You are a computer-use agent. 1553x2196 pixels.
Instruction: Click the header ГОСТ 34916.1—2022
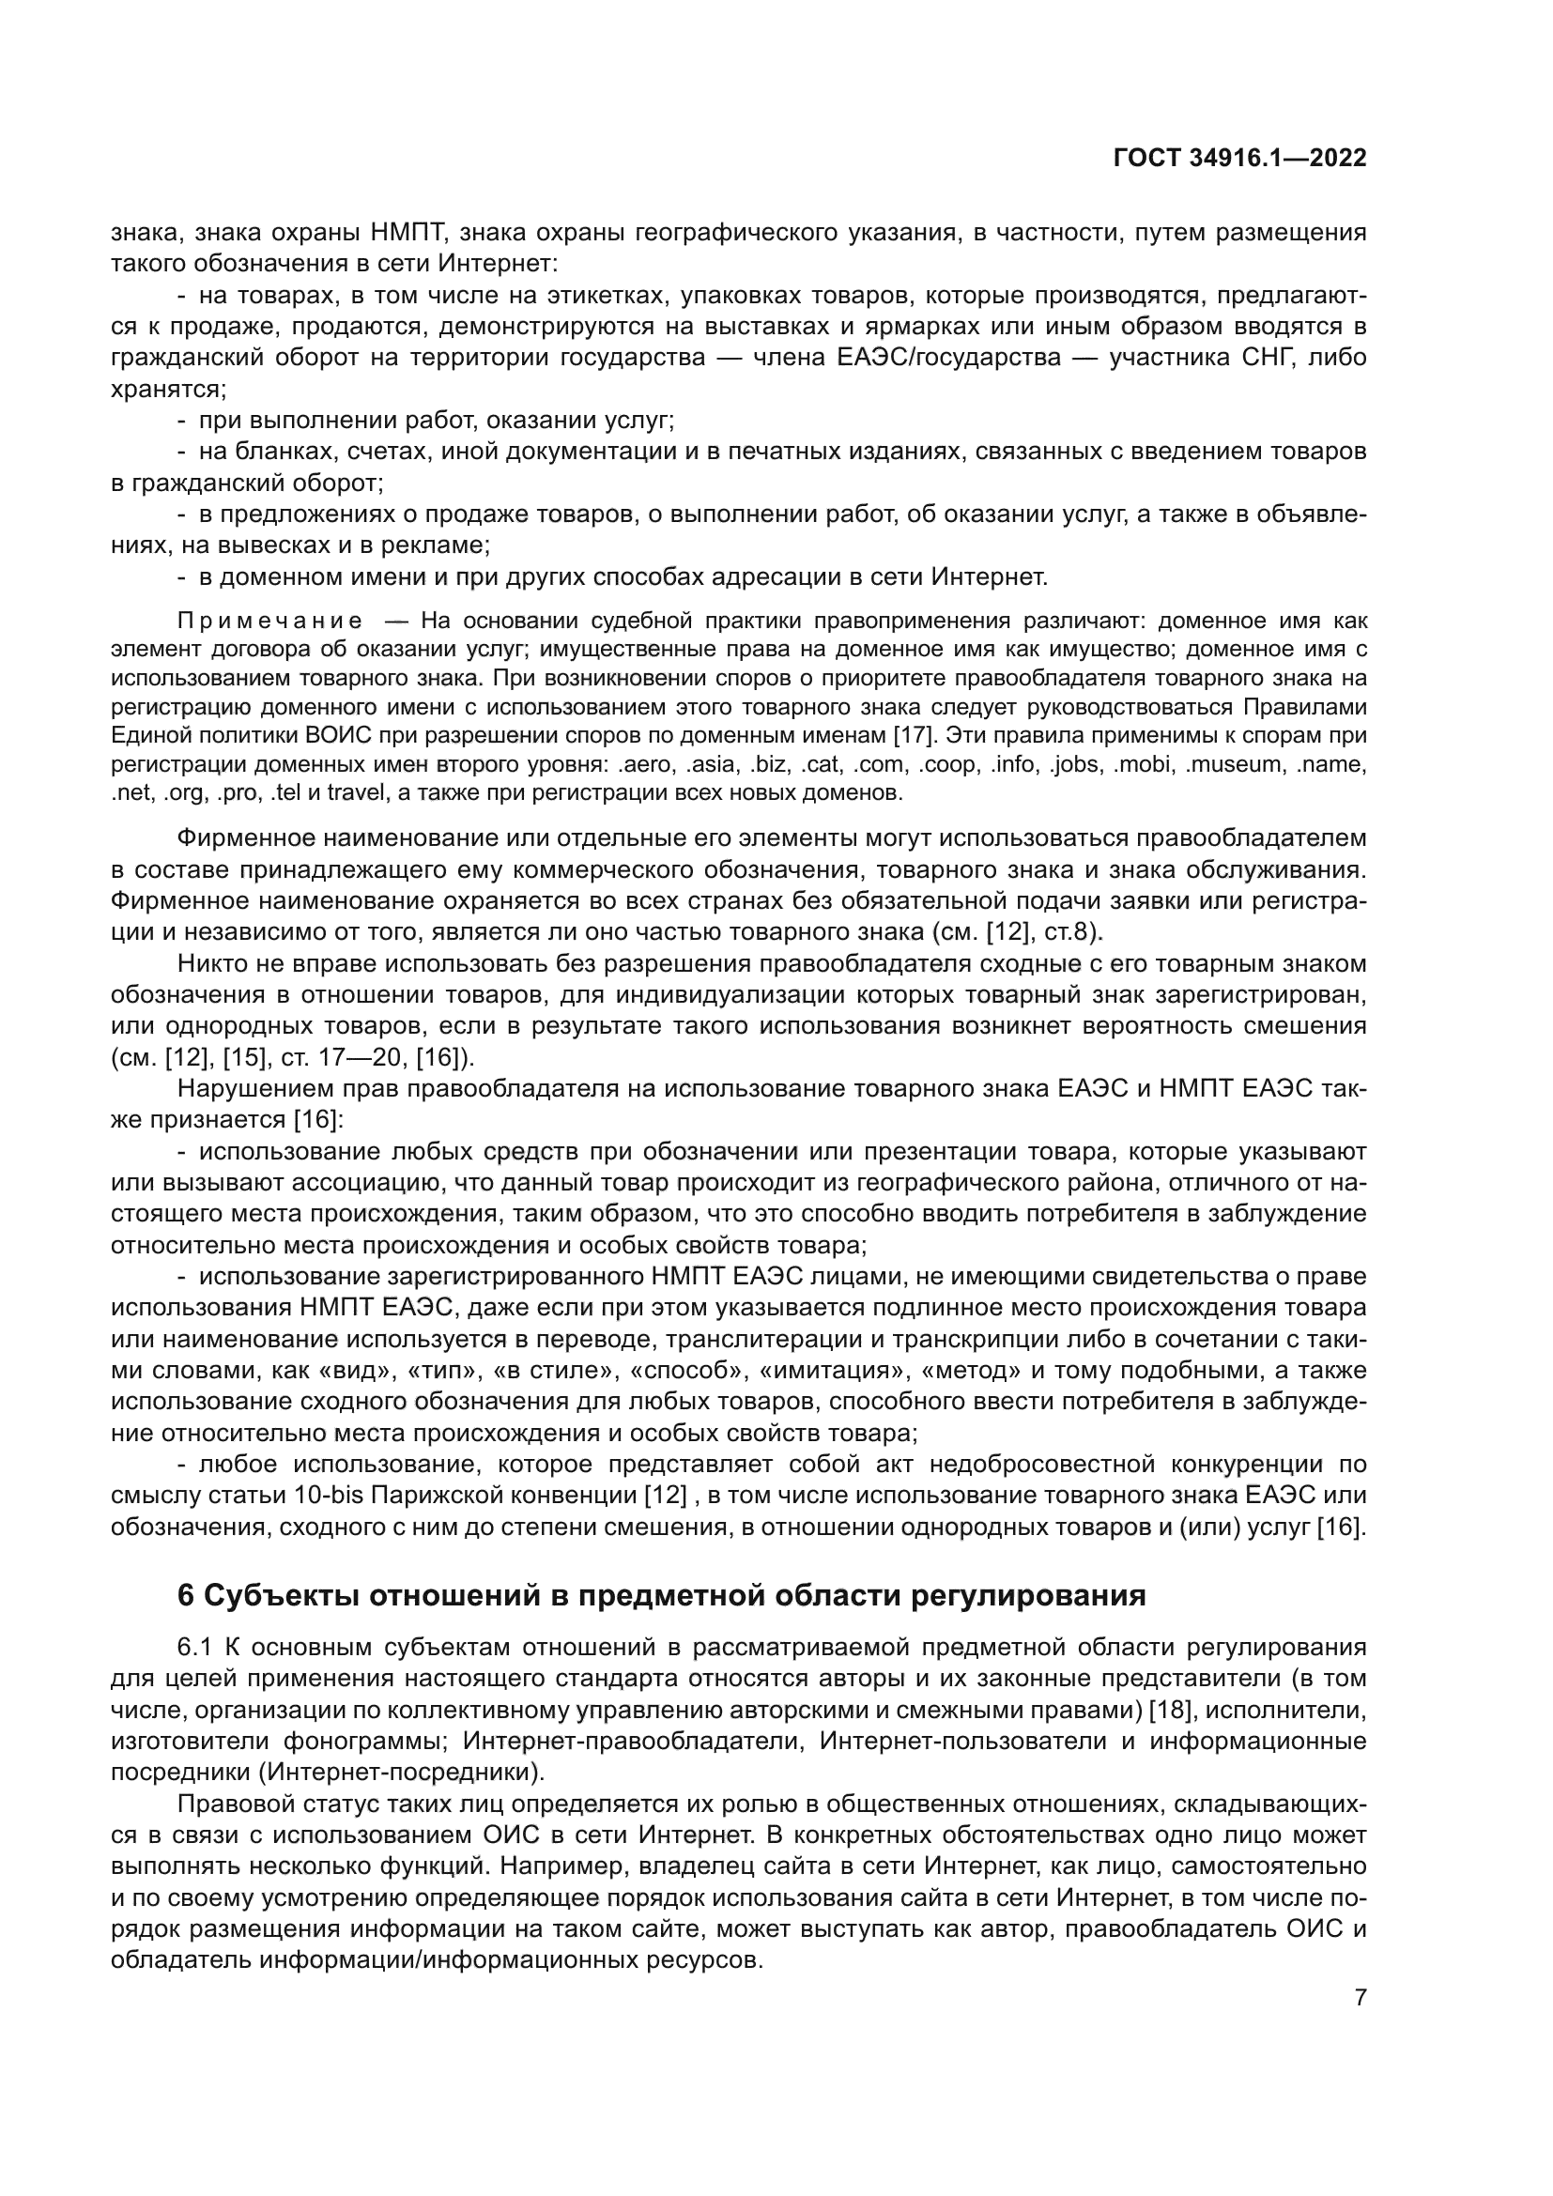click(x=1239, y=159)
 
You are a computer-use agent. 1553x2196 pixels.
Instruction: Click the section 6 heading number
click(x=187, y=1596)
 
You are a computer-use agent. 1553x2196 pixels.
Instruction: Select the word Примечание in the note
click(x=269, y=622)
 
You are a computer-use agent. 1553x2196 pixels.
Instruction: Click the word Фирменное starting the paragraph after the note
click(x=245, y=838)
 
